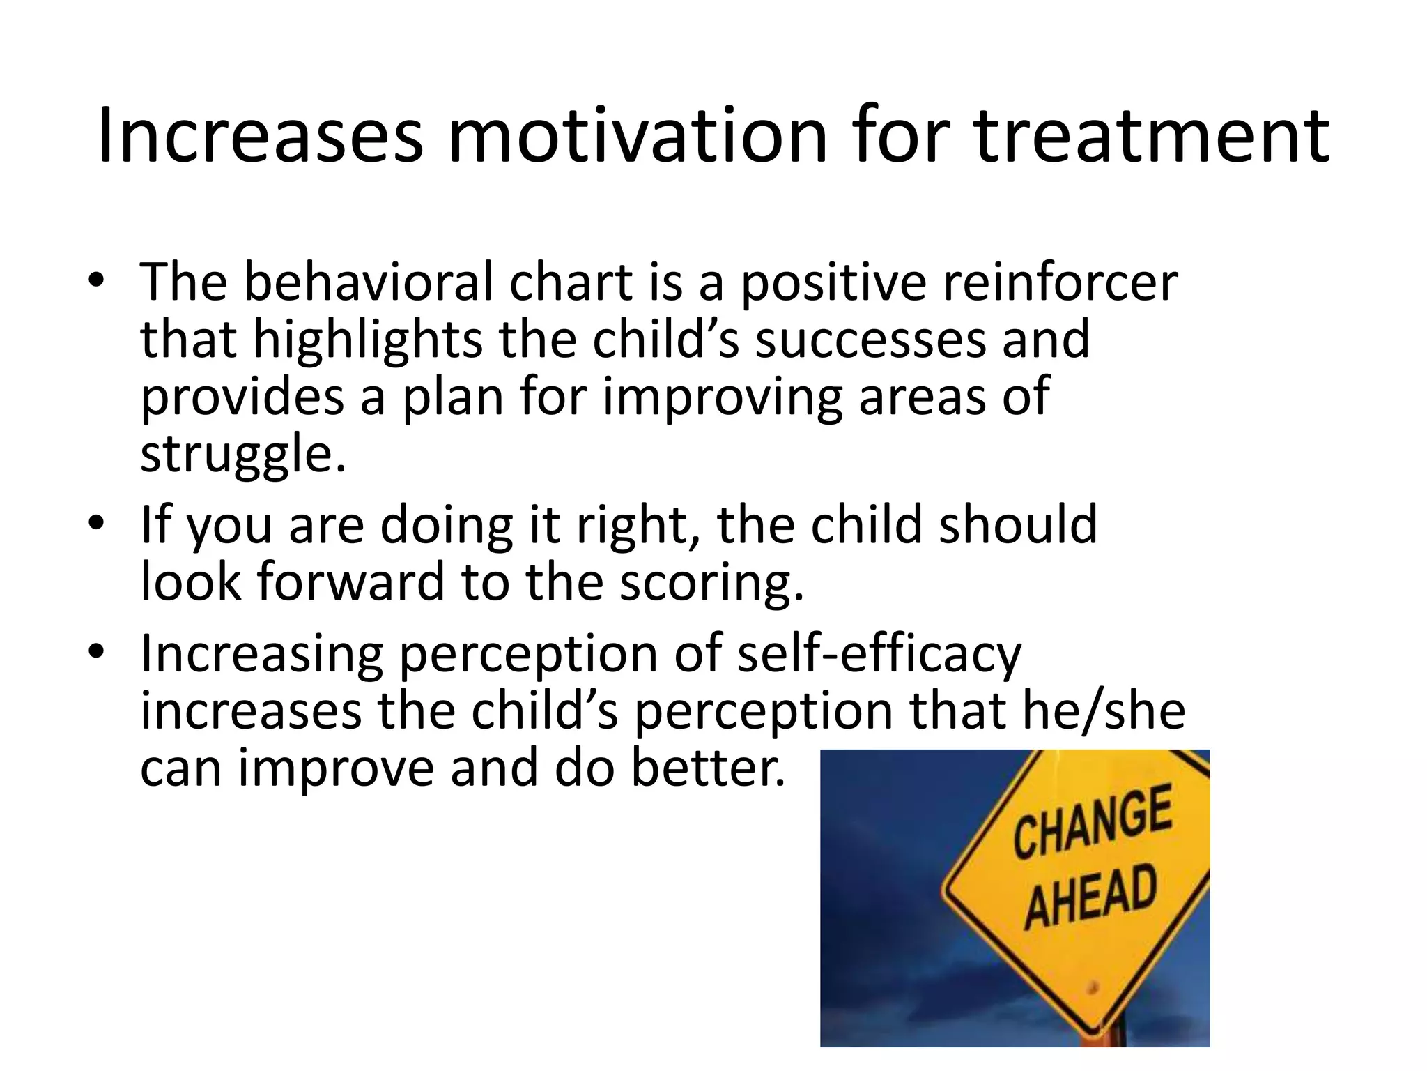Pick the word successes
pyautogui.click(x=871, y=340)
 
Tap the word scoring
pyautogui.click(x=711, y=582)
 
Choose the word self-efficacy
pyautogui.click(x=879, y=655)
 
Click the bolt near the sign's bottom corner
pyautogui.click(x=1093, y=988)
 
